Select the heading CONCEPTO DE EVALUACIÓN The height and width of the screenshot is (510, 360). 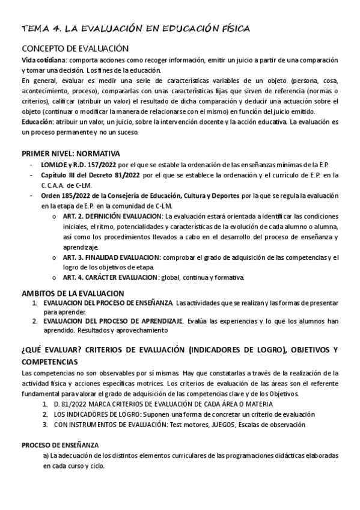tap(76, 49)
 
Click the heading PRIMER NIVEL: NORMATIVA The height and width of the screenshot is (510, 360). tap(71, 153)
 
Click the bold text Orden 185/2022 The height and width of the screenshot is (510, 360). tap(69, 195)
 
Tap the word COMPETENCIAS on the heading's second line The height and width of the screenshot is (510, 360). tap(49, 362)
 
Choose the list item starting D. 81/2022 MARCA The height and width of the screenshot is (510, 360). tap(163, 404)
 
